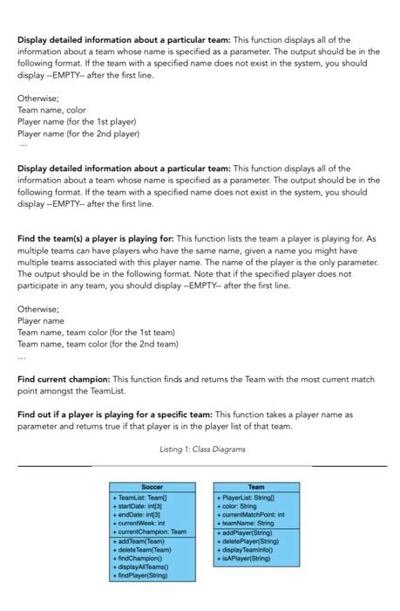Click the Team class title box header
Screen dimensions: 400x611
(256, 486)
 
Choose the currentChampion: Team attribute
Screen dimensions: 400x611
(149, 532)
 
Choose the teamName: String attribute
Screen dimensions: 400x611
(247, 523)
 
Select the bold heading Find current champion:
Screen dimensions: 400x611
(64, 380)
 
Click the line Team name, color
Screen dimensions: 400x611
(51, 111)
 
